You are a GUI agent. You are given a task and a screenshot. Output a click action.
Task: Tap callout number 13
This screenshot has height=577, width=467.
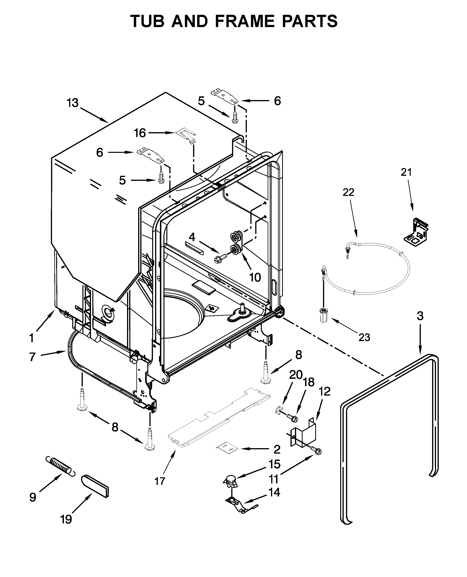coord(73,103)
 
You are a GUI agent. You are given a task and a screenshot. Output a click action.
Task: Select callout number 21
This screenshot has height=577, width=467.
coord(406,172)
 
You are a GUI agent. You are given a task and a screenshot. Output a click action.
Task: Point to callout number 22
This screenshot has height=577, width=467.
coord(348,192)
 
